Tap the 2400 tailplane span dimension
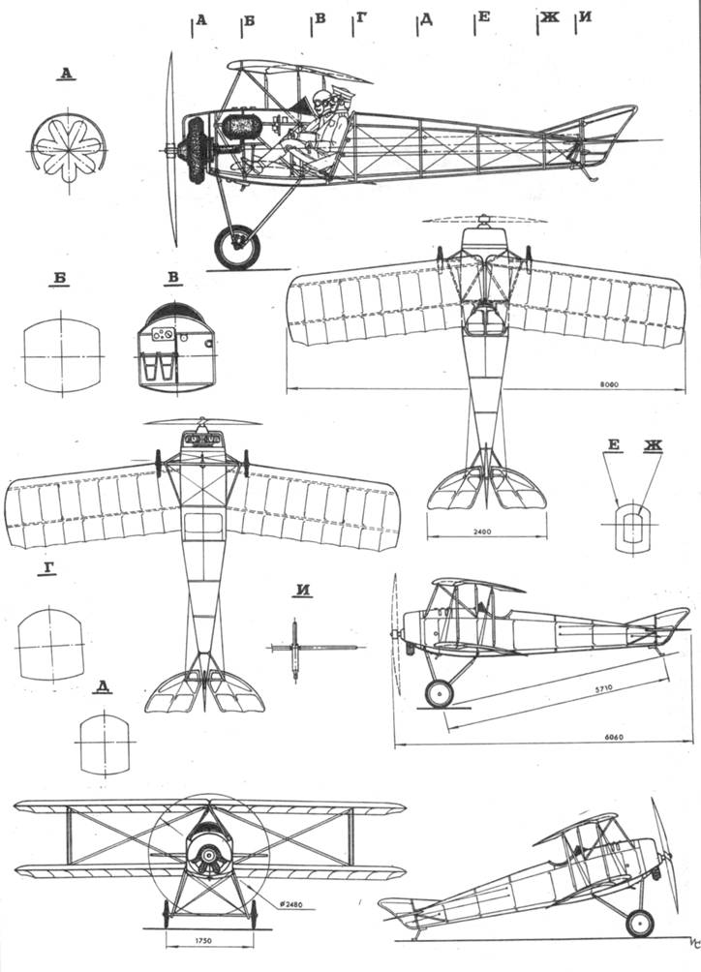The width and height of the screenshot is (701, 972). point(486,532)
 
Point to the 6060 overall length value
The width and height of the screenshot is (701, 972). point(613,737)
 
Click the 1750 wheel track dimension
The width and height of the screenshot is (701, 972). point(202,940)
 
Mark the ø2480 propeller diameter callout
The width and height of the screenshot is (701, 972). point(290,903)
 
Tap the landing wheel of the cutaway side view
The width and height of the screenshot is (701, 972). point(236,247)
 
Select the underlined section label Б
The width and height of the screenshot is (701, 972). point(59,280)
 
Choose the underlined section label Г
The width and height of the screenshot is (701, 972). point(48,568)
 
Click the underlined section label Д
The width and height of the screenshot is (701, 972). point(104,685)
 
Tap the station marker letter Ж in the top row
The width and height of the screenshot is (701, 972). point(549,17)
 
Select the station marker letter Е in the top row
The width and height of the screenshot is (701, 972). point(484,17)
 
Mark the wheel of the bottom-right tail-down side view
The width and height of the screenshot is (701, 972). point(640,923)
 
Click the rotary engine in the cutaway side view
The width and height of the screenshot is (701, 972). point(193,150)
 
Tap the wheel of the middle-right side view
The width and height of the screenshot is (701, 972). point(440,693)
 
